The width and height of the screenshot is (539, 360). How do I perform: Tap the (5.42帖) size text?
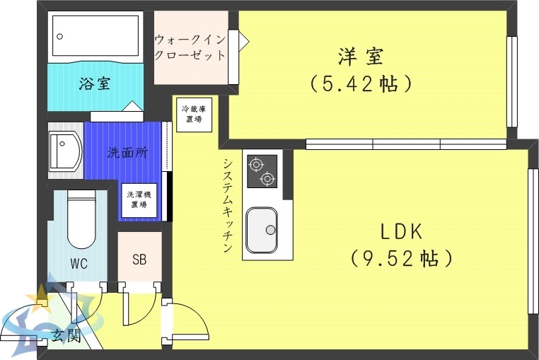361,84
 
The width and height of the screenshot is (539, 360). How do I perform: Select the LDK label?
401,231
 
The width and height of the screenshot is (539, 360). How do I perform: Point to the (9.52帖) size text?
401,258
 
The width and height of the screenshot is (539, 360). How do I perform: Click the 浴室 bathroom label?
94,84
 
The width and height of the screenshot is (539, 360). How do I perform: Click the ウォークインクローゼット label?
190,47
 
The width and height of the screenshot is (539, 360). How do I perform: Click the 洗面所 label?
127,153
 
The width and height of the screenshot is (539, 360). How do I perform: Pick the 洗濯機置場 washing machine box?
139,199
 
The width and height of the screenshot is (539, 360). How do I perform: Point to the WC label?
79,264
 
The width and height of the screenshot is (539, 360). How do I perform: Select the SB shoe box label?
139,259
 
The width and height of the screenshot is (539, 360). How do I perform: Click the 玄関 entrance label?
65,336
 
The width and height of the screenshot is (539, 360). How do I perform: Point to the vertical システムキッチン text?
228,205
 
